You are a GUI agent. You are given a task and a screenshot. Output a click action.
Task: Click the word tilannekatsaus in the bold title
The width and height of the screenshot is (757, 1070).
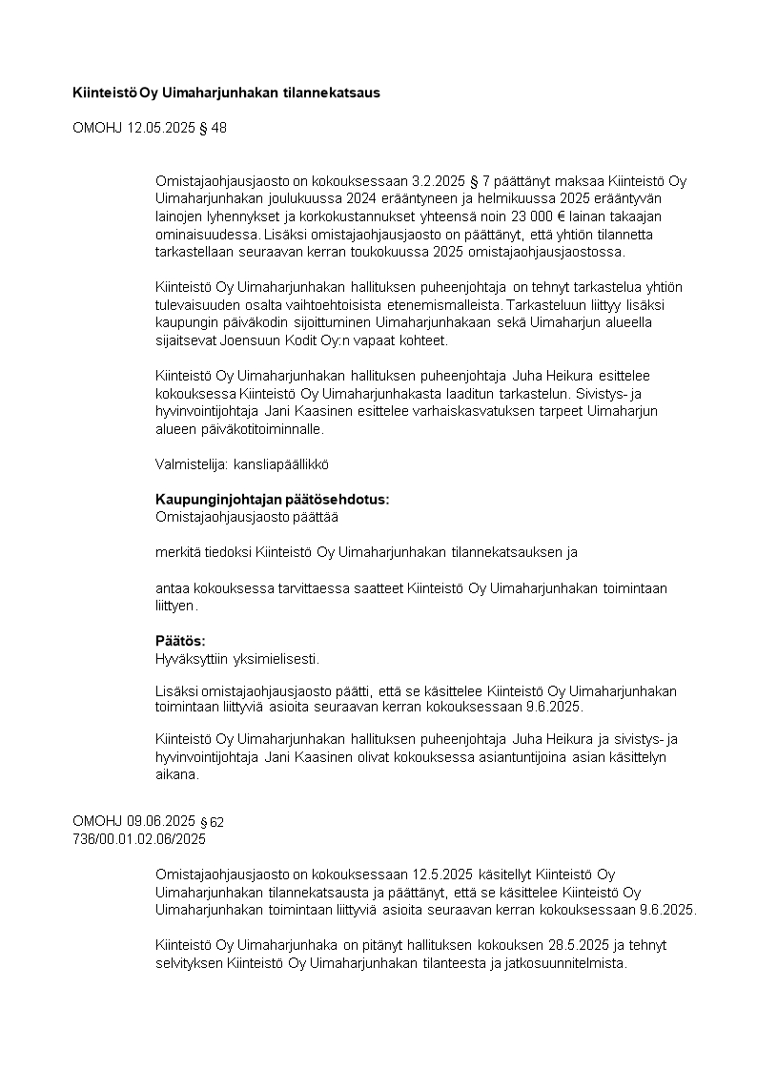click(331, 93)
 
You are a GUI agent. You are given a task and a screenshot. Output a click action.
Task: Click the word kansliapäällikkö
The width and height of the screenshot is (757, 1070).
click(275, 463)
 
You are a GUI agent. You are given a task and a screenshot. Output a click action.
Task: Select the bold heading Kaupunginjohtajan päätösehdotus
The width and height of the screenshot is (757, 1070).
click(272, 500)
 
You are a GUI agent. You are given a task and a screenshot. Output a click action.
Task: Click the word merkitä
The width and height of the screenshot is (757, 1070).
click(177, 552)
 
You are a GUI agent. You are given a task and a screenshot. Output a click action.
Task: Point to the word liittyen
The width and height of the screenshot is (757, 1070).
click(174, 606)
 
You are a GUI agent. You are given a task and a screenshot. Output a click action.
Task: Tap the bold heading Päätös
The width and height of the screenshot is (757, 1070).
click(180, 641)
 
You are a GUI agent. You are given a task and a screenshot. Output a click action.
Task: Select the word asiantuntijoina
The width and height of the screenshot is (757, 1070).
click(532, 757)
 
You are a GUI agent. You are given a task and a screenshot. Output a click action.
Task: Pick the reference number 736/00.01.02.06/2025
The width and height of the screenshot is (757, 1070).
click(139, 839)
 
